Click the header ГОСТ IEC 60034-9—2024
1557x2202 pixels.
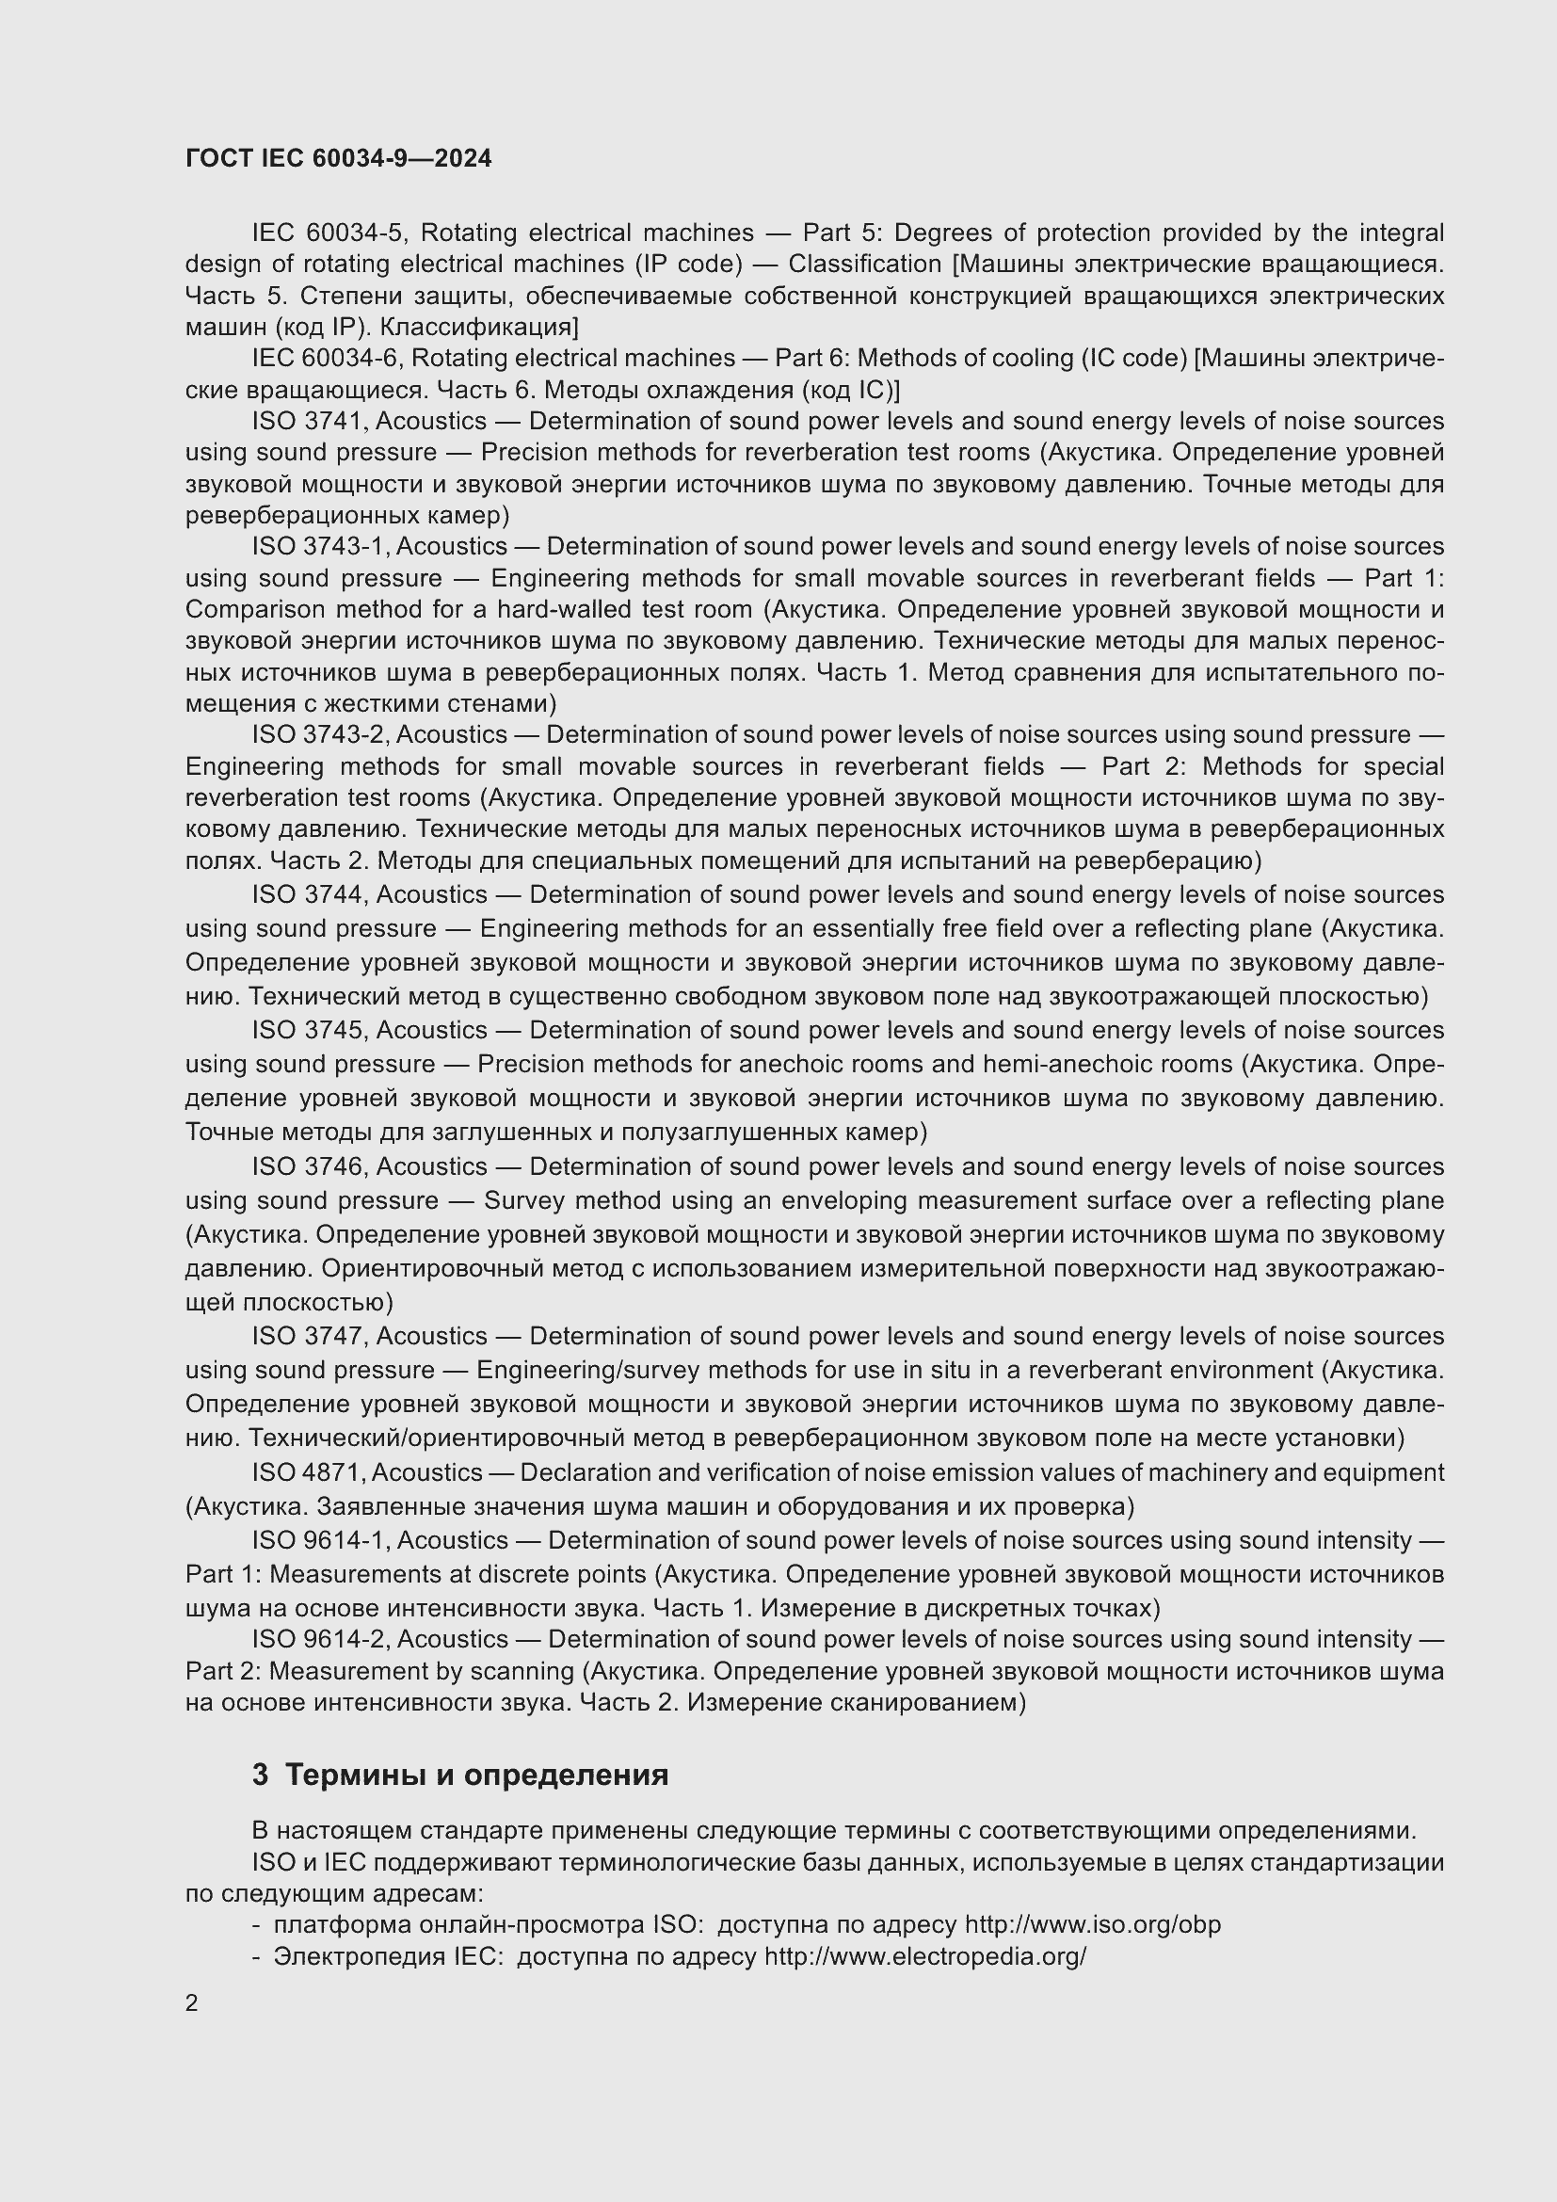339,158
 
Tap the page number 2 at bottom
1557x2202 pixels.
192,2002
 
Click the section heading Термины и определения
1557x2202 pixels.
476,1775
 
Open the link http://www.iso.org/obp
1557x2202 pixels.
1092,1925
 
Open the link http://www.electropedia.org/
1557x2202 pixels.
924,1956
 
